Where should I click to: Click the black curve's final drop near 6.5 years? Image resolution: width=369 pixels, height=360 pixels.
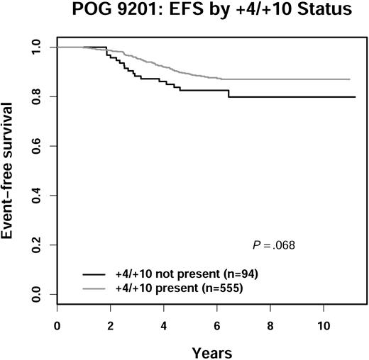point(228,93)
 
